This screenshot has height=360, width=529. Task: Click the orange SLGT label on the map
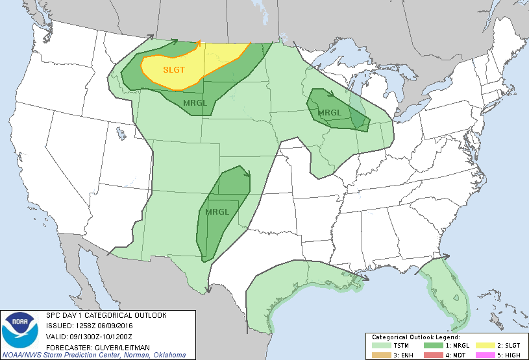(x=173, y=69)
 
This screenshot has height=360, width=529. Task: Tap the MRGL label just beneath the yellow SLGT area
(x=196, y=103)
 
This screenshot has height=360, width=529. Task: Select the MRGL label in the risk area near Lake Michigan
(x=330, y=113)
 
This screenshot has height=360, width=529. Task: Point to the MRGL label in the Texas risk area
(x=217, y=212)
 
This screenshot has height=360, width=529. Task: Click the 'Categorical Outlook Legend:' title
(x=415, y=337)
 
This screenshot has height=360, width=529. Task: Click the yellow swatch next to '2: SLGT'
(x=484, y=345)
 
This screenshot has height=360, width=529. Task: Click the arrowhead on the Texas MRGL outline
(x=247, y=173)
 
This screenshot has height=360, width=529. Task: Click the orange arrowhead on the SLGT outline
(x=199, y=43)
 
